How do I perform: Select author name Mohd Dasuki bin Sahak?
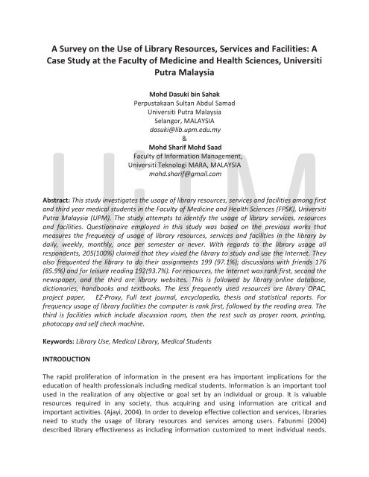pos(184,95)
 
